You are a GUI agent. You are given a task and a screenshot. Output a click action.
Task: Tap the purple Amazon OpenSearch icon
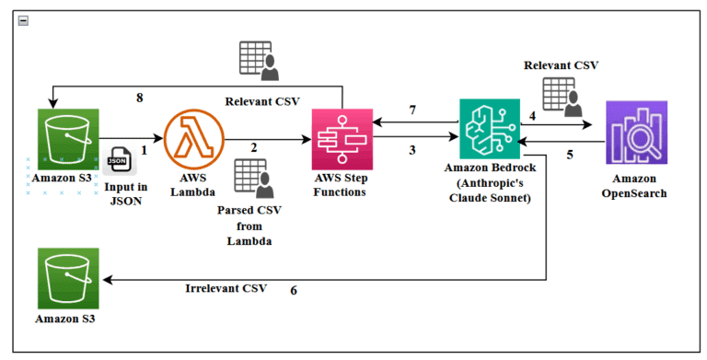(x=637, y=134)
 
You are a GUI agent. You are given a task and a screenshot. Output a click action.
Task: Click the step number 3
(x=411, y=150)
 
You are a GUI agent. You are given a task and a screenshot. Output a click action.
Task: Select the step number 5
(x=570, y=155)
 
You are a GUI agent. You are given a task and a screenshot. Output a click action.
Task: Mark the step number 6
(x=294, y=290)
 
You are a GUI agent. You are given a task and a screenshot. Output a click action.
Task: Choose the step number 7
(x=412, y=110)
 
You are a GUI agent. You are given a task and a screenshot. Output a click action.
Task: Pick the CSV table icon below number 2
(x=252, y=179)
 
